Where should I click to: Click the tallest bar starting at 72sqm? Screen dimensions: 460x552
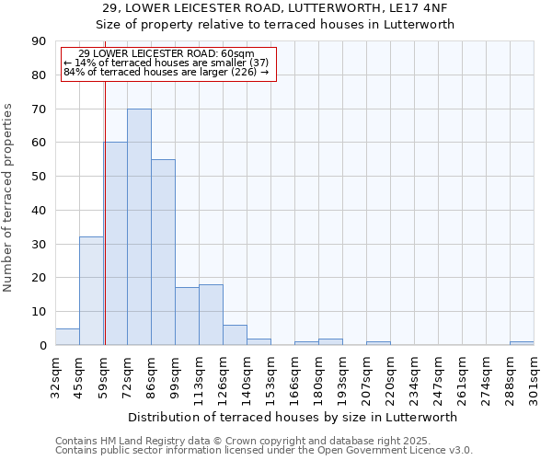[x=139, y=227]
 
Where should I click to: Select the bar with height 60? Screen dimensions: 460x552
[x=115, y=244]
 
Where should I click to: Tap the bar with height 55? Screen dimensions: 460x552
[x=163, y=252]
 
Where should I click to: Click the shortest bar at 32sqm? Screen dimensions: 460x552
[x=67, y=337]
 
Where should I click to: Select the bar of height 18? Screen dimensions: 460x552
[x=211, y=315]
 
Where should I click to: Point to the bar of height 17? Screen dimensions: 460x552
[x=187, y=316]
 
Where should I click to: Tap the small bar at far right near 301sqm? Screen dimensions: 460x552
[x=522, y=343]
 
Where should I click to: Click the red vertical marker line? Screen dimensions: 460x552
[x=105, y=212]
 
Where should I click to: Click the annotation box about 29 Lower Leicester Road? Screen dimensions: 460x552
[x=167, y=63]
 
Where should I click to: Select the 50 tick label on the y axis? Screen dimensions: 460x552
[x=39, y=177]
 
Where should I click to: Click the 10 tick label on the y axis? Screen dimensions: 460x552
[x=39, y=312]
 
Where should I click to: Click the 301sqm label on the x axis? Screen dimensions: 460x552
[x=534, y=374]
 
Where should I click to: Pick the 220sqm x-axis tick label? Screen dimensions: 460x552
[x=390, y=374]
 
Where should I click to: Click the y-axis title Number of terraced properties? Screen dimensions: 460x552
[x=8, y=198]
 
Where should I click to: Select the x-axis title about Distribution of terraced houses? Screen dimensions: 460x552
[x=293, y=417]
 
